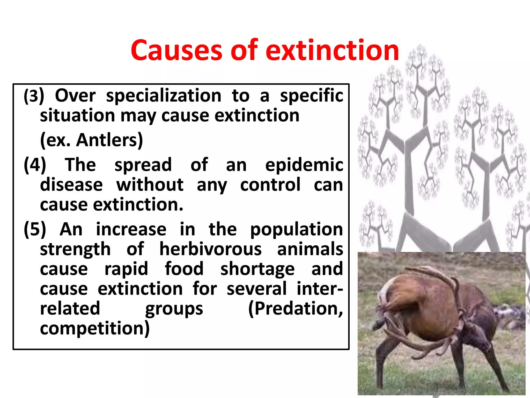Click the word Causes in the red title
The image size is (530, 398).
[176, 51]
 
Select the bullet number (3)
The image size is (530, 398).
[34, 96]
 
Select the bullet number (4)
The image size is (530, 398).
[35, 165]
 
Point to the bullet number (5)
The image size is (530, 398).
[35, 229]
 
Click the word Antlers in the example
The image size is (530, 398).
[109, 140]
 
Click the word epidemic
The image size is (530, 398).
[304, 165]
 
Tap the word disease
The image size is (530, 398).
[71, 185]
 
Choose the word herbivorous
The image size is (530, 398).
[210, 249]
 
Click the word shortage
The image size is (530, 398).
[257, 269]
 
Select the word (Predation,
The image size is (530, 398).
[296, 309]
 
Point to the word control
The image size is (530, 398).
[270, 185]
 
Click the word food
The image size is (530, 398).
[184, 269]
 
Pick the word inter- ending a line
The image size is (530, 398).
[320, 289]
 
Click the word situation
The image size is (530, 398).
[77, 116]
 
